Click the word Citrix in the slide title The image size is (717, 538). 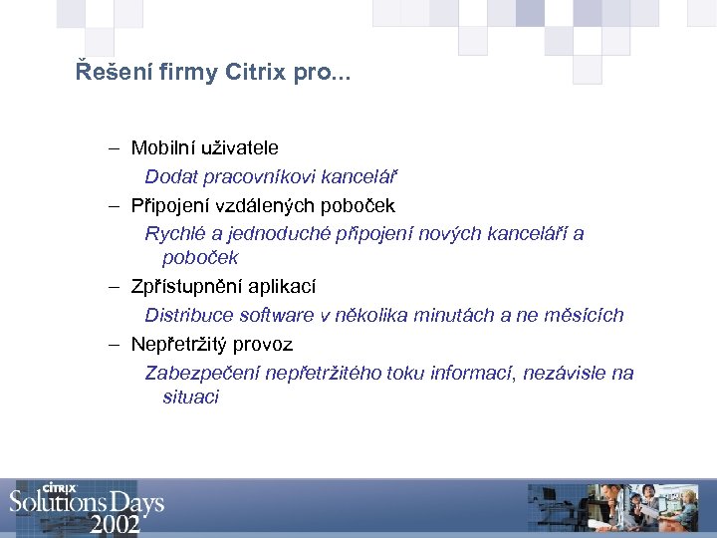[x=256, y=73]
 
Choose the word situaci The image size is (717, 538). [x=191, y=397]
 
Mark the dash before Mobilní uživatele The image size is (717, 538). [x=116, y=149]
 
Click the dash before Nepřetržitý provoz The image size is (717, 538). [x=116, y=345]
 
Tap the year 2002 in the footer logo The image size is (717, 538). [x=115, y=523]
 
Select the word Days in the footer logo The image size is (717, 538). [x=132, y=501]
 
